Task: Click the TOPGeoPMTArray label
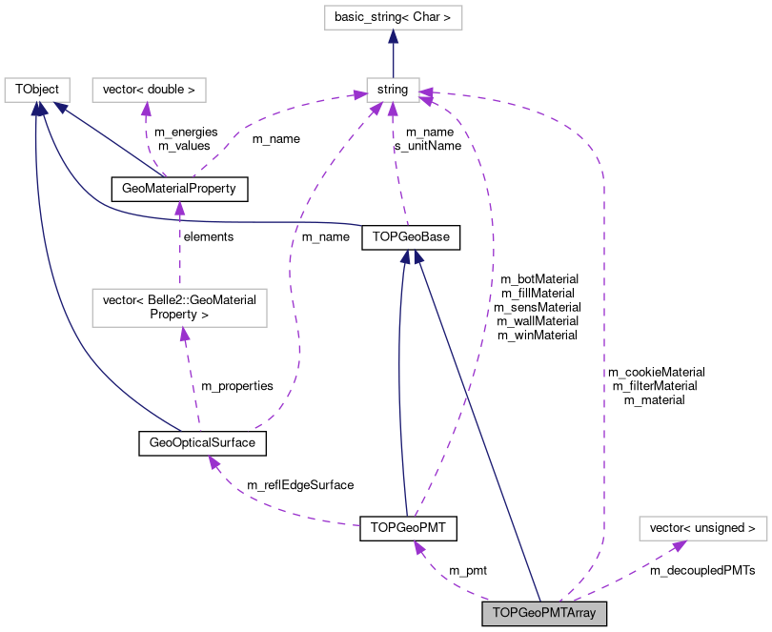[544, 613]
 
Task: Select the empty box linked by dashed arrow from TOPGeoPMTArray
[702, 528]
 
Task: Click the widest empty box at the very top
[393, 17]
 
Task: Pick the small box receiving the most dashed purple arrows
[393, 90]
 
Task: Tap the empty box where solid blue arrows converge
[37, 90]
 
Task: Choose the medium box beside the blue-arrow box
[149, 90]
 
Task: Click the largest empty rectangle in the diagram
[179, 308]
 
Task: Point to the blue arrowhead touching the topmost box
[393, 36]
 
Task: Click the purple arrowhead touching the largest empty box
[184, 334]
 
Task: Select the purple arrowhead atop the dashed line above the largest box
[179, 207]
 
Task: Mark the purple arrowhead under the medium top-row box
[146, 109]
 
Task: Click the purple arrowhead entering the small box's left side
[359, 94]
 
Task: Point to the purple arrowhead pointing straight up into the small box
[393, 110]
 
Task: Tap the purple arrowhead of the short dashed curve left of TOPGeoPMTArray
[418, 547]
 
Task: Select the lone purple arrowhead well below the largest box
[213, 462]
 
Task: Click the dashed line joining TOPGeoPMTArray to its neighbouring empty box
[634, 569]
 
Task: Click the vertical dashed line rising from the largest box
[179, 253]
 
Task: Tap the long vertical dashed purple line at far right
[603, 362]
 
